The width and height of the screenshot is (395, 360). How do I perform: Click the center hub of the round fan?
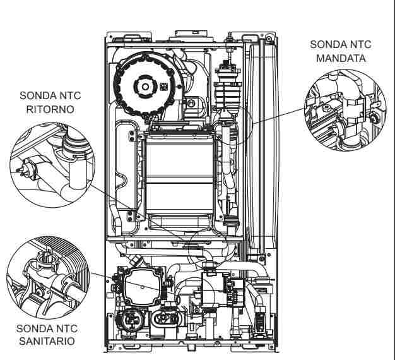tap(144, 86)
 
